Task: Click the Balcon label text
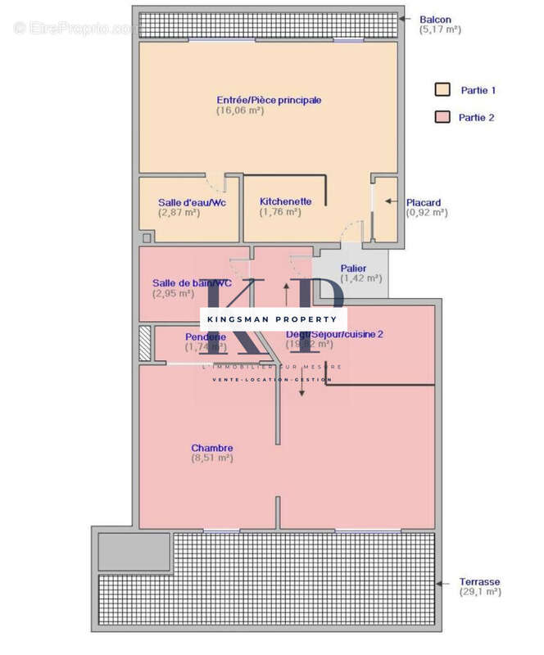(x=435, y=20)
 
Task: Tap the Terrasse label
(x=479, y=581)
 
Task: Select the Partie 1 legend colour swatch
(x=442, y=90)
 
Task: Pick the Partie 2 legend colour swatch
(x=442, y=117)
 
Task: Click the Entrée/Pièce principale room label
(x=268, y=100)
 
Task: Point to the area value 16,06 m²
(x=240, y=111)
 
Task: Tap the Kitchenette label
(x=285, y=201)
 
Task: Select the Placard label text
(x=424, y=202)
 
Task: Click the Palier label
(x=354, y=268)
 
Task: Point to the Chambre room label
(x=212, y=448)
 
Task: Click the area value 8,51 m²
(x=212, y=458)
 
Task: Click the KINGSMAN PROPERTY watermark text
(x=274, y=318)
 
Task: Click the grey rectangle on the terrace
(x=134, y=551)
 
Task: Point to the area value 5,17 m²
(x=441, y=29)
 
